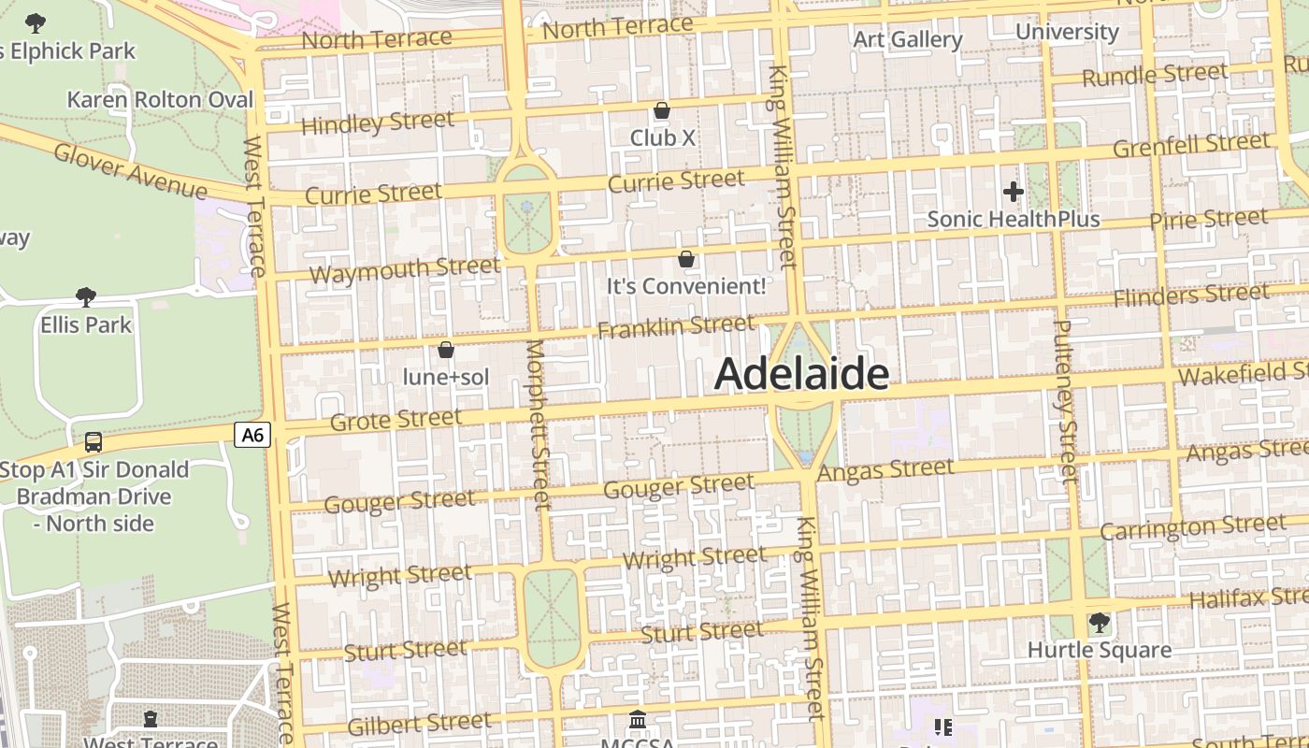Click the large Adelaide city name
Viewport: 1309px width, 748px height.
[x=801, y=374]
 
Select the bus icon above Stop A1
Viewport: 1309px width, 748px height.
[x=93, y=442]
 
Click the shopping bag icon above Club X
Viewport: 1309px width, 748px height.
[x=662, y=111]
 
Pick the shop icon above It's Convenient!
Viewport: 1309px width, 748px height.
[x=686, y=259]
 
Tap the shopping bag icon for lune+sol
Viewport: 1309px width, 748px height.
[x=446, y=350]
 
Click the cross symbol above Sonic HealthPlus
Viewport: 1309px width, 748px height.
[x=1013, y=193]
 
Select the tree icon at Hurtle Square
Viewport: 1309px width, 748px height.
[x=1100, y=623]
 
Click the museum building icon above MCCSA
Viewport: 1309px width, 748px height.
[x=639, y=719]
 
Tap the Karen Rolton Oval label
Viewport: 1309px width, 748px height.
[x=160, y=100]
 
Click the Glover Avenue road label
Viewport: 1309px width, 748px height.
[x=130, y=170]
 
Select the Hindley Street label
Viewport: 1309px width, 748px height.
[x=378, y=123]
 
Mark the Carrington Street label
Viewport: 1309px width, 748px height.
[x=1193, y=527]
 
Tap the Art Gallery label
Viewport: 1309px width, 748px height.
[x=908, y=39]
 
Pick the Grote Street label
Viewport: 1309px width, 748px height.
[x=396, y=420]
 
